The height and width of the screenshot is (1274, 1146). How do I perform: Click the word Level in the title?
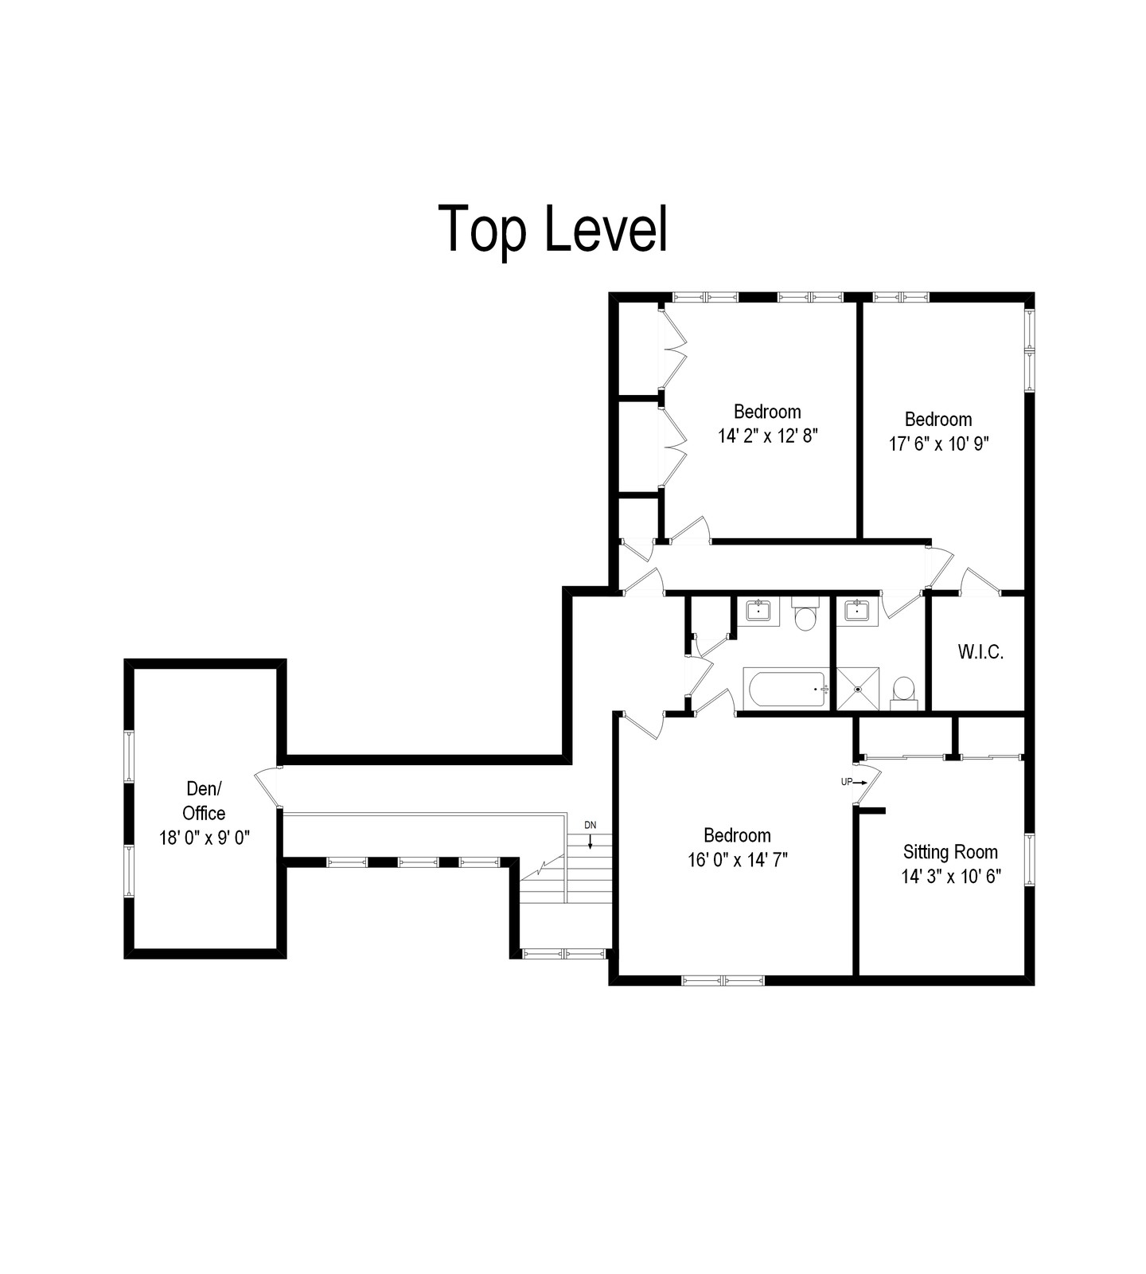606,229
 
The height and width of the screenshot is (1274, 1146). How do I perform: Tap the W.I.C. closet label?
980,652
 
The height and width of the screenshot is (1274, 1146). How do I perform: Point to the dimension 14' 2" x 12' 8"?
767,436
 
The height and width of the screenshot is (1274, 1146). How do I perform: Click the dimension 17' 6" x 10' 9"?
938,444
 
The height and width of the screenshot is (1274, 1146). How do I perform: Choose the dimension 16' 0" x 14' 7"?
737,860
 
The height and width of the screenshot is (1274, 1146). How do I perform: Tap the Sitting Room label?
950,852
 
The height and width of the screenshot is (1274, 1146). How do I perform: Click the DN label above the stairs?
590,825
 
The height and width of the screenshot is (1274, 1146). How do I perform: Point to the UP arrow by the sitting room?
859,783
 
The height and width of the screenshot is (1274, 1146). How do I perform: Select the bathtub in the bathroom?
786,689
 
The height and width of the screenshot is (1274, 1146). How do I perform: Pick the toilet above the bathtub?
806,615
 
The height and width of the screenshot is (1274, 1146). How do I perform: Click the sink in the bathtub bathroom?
758,612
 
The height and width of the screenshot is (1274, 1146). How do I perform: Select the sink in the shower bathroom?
857,612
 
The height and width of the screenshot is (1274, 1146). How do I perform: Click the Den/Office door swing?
267,787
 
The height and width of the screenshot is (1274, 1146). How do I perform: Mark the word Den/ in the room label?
204,788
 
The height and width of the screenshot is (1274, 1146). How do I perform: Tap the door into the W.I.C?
980,580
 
